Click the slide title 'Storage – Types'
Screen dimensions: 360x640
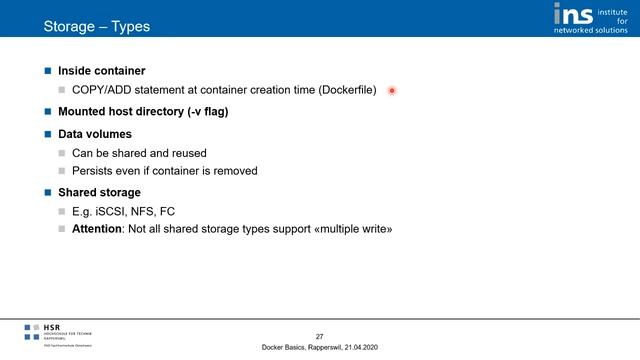click(96, 25)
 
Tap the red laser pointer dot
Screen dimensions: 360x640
click(393, 91)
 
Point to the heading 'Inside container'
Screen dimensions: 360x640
click(101, 72)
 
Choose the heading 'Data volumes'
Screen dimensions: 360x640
click(94, 133)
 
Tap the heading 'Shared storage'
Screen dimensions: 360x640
click(99, 191)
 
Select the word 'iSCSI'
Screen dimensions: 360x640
click(116, 211)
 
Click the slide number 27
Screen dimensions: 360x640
click(319, 335)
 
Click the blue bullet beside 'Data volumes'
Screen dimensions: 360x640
click(48, 133)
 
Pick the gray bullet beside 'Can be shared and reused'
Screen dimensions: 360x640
click(61, 153)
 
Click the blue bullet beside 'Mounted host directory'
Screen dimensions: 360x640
click(48, 112)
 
